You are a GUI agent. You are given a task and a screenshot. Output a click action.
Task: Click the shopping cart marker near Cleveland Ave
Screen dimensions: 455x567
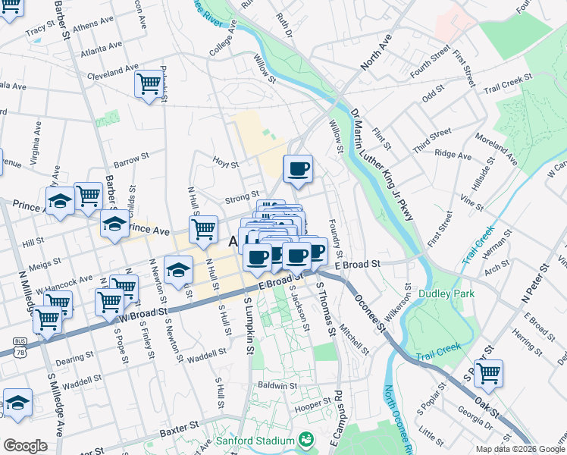[148, 82]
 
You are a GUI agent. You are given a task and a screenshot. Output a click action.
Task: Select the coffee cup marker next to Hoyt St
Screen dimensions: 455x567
[299, 168]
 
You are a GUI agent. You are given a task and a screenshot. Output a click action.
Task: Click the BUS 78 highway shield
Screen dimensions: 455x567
[20, 349]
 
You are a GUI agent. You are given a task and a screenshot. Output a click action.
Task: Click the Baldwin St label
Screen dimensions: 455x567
[276, 385]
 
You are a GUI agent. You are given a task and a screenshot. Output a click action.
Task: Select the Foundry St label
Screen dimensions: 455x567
[334, 237]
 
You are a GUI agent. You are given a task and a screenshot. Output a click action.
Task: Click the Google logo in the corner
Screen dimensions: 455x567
[25, 446]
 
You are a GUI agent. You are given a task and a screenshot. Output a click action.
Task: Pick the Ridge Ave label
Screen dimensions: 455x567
[453, 155]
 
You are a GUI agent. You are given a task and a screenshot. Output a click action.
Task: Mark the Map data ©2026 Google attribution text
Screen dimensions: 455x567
[520, 449]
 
